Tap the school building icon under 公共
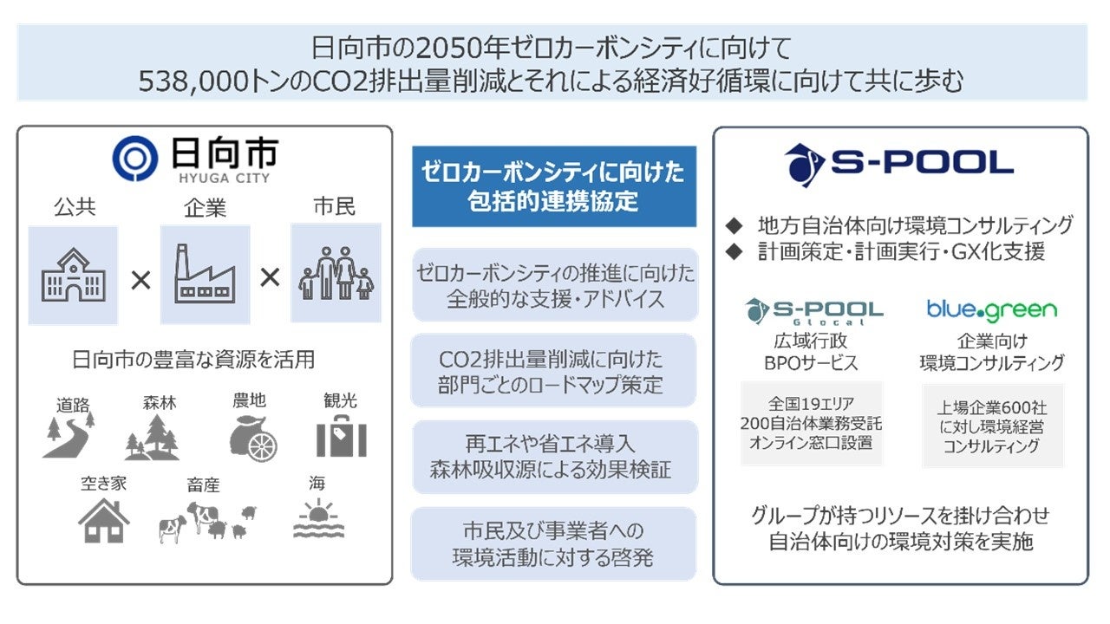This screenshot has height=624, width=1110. coord(73,275)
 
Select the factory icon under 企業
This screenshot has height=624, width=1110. coord(205,275)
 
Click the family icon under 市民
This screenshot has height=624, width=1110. coord(336,273)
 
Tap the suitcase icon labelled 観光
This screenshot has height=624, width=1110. coord(341,437)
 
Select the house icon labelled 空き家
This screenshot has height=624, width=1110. coord(103,521)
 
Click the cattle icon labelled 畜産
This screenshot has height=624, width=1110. coord(206,521)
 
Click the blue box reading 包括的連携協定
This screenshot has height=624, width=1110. coord(553,186)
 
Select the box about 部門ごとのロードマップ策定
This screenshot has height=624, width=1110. coord(553,370)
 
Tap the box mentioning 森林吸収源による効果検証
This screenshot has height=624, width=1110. coord(553,457)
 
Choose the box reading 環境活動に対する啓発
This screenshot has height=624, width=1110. coord(553,543)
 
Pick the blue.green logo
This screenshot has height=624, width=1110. coord(991,309)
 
